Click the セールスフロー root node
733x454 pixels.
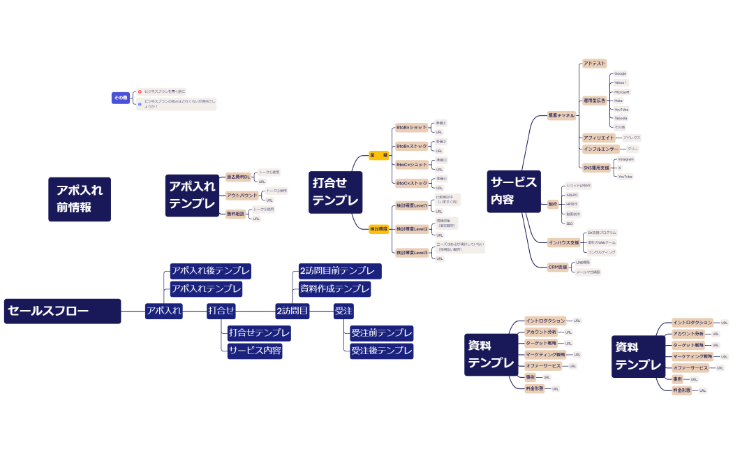click(62, 311)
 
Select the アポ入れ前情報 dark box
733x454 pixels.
click(80, 198)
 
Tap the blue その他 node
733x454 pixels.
click(121, 98)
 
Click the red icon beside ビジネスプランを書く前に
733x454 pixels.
click(140, 91)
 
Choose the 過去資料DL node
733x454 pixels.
click(238, 177)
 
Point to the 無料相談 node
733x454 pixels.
click(235, 214)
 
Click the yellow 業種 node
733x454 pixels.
click(378, 155)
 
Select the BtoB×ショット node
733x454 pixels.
click(411, 128)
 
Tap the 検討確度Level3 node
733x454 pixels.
click(412, 253)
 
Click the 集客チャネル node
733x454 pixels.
click(561, 115)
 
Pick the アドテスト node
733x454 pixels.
click(595, 64)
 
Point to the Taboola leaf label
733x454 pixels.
click(621, 118)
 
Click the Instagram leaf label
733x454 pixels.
click(625, 159)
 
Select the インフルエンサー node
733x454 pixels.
click(600, 149)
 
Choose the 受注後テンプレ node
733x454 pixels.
click(381, 351)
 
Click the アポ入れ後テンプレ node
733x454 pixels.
click(210, 270)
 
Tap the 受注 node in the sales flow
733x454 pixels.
click(343, 311)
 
